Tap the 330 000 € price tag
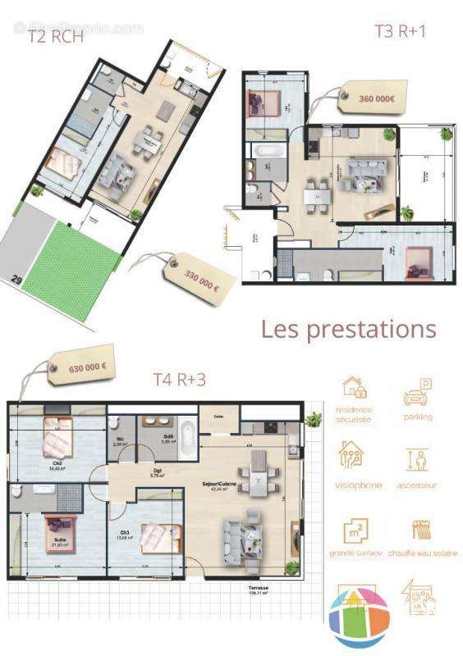point(200,273)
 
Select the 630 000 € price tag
point(81,366)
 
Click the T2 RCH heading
point(57,35)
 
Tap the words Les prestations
point(348,330)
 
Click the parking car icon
point(418,393)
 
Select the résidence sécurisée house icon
point(354,388)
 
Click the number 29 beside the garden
point(16,280)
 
